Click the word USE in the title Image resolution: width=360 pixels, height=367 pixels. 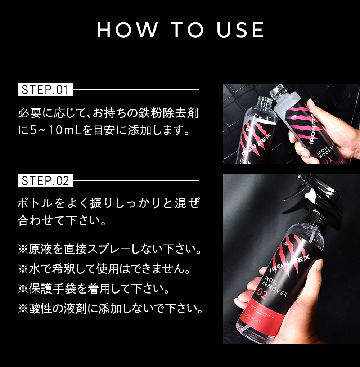tap(240, 30)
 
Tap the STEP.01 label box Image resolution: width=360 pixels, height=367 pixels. tap(45, 90)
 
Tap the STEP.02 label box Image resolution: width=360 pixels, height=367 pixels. tap(45, 180)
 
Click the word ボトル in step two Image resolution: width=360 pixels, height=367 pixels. tap(36, 203)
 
